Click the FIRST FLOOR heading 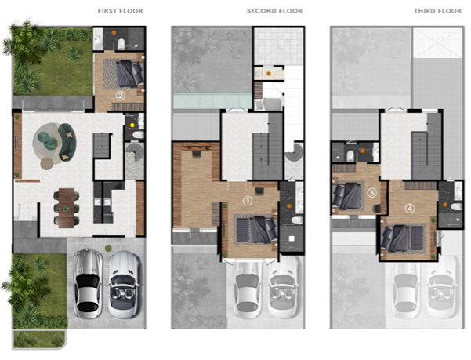click(121, 11)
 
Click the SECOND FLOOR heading click(274, 11)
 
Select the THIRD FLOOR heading click(437, 11)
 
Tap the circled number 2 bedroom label click(121, 96)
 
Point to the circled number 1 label click(248, 201)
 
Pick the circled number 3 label click(372, 193)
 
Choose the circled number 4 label click(410, 209)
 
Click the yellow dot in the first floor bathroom click(132, 125)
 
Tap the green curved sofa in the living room click(67, 141)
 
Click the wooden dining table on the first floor click(66, 208)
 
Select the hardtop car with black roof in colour click(88, 283)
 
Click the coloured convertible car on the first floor click(124, 284)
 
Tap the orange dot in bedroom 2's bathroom click(114, 32)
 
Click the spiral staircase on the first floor click(134, 152)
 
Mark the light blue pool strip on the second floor click(212, 100)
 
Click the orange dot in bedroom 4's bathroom click(445, 205)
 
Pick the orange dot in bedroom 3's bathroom click(363, 151)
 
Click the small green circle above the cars click(108, 249)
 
